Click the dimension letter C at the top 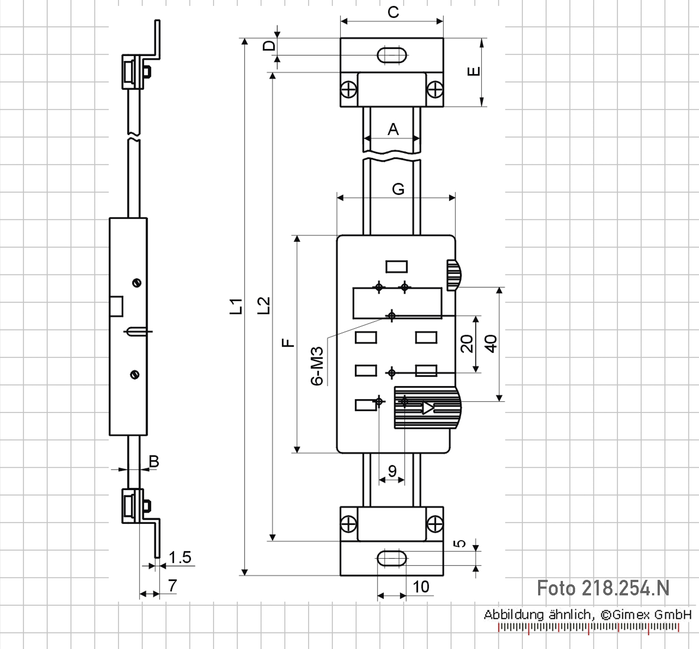[x=393, y=13]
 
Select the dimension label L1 [x=236, y=306]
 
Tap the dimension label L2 [x=264, y=305]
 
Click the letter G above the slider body [x=398, y=189]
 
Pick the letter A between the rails [x=393, y=129]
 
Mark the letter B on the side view [x=154, y=462]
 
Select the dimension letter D [x=270, y=45]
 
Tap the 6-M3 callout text [x=317, y=366]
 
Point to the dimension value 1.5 [x=180, y=557]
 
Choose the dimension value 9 [x=392, y=471]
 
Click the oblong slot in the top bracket [x=392, y=55]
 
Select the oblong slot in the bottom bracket [x=392, y=558]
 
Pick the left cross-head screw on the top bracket [x=348, y=89]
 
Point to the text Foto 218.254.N [x=603, y=588]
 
